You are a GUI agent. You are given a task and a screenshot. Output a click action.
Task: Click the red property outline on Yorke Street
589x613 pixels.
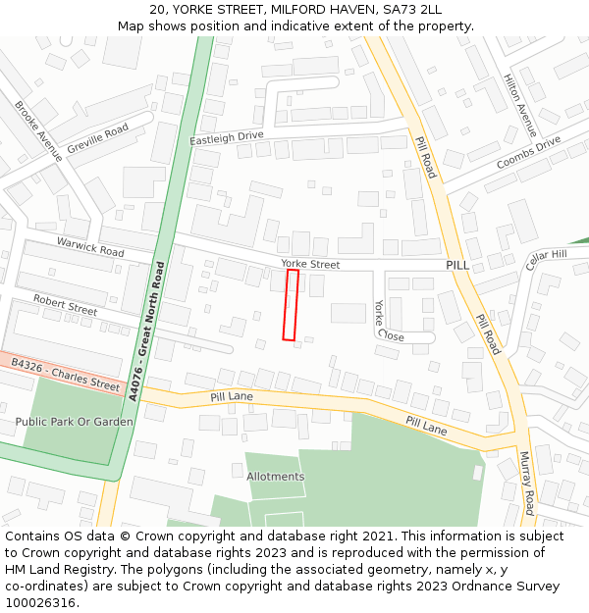[290, 305]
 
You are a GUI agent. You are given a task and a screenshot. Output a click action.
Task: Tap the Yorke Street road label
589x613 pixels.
[310, 264]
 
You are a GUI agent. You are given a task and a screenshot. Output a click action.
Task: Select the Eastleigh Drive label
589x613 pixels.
[227, 138]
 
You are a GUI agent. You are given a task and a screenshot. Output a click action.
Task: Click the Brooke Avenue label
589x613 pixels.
[38, 130]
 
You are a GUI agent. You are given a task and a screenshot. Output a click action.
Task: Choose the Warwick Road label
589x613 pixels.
[90, 245]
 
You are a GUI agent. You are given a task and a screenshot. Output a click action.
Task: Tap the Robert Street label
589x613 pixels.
[65, 304]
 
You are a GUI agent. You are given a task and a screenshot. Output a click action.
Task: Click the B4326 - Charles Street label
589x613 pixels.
[65, 375]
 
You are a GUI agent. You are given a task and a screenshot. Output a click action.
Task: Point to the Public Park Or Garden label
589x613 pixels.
[74, 422]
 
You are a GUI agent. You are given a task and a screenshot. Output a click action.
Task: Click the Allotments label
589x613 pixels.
[275, 477]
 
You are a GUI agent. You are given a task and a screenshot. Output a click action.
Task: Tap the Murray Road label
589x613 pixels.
[526, 483]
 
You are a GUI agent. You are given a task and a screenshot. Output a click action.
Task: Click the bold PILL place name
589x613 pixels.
[458, 265]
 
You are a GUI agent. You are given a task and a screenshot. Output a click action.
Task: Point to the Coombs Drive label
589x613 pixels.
[528, 151]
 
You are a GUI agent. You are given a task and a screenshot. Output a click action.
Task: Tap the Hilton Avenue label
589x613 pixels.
[520, 105]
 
